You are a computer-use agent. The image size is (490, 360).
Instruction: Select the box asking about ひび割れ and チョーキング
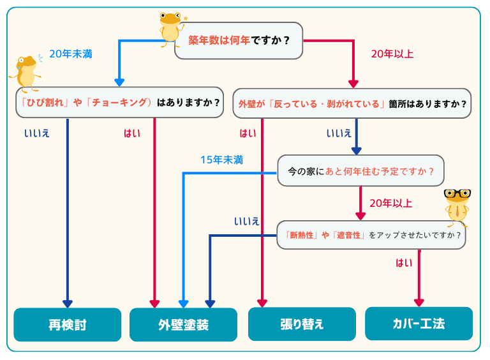pos(119,102)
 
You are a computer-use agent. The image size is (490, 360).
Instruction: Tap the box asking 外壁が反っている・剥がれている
pos(352,103)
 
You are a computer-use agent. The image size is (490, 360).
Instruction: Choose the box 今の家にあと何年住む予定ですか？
pos(360,171)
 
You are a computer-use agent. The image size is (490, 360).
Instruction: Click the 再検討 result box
pos(67,325)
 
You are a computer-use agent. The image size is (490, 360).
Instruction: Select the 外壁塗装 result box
pos(183,325)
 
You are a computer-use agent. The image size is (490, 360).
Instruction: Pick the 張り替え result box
pos(302,324)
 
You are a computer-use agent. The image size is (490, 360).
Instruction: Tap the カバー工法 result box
pos(419,324)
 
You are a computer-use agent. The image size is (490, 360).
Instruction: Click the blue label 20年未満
pos(70,54)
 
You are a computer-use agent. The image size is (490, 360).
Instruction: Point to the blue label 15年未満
pos(221,160)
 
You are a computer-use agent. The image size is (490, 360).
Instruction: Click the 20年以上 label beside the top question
pos(392,54)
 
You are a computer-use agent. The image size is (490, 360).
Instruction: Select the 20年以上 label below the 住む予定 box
pos(390,204)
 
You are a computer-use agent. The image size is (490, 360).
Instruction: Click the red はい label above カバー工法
pos(404,262)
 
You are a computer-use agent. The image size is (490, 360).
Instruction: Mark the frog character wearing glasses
pos(457,206)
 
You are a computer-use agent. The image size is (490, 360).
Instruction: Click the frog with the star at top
pos(171,29)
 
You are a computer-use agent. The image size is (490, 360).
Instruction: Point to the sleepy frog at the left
pos(26,73)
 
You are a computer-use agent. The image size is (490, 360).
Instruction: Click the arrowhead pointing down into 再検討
pos(67,304)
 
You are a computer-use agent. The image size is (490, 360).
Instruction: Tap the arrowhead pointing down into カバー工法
pos(419,303)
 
